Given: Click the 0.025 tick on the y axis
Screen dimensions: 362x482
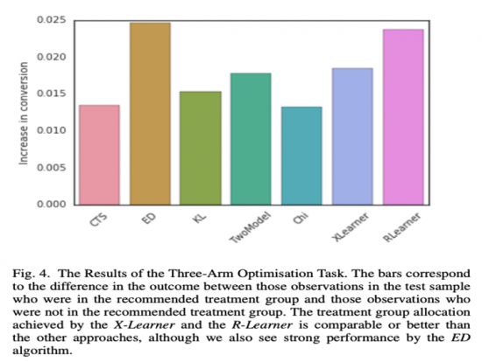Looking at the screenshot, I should pyautogui.click(x=54, y=20).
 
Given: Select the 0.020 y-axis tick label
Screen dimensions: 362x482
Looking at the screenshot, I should pyautogui.click(x=54, y=57).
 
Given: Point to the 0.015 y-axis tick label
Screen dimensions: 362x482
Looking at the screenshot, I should pyautogui.click(x=54, y=94).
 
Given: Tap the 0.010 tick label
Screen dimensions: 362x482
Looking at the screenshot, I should pyautogui.click(x=54, y=130).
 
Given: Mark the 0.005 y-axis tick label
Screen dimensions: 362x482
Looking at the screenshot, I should pyautogui.click(x=54, y=167).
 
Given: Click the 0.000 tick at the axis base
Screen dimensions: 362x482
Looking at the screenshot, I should pyautogui.click(x=54, y=204).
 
